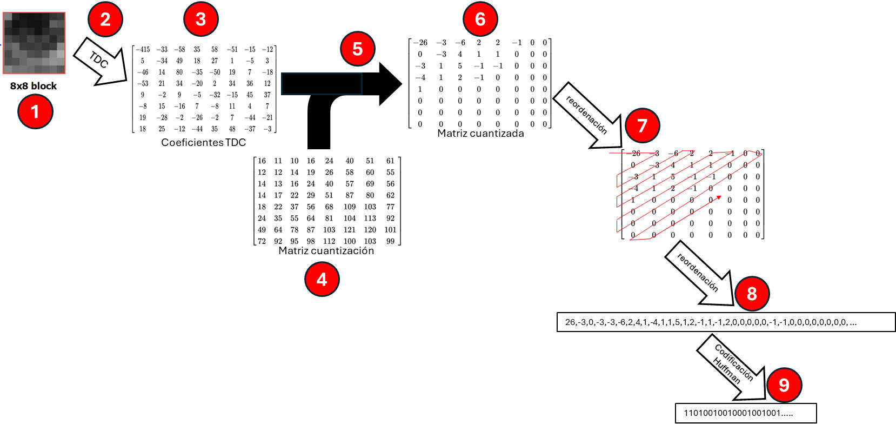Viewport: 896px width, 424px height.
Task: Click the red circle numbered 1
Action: pos(35,112)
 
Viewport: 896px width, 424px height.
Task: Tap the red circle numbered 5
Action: pos(357,49)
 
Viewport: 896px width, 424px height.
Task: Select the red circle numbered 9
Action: pos(784,385)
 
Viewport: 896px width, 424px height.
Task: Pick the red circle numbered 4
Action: pos(322,279)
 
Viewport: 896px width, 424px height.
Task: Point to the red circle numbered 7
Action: pos(642,125)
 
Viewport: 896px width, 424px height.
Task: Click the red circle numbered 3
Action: pos(200,19)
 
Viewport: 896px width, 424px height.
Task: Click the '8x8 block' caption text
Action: pos(34,85)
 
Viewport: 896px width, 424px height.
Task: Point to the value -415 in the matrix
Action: pos(143,49)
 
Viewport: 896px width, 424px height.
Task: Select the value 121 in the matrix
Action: pos(350,230)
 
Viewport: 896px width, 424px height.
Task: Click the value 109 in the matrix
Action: pos(350,207)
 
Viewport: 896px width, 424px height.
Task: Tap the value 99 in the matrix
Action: pos(390,241)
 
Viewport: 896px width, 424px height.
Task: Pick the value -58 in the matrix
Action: pos(179,49)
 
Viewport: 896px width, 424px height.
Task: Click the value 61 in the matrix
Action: pos(390,161)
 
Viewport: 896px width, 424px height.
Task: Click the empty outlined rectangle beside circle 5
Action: pos(322,84)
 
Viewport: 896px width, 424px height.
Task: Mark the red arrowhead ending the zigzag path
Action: pos(719,197)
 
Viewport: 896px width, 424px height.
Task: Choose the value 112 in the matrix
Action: pos(329,241)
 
